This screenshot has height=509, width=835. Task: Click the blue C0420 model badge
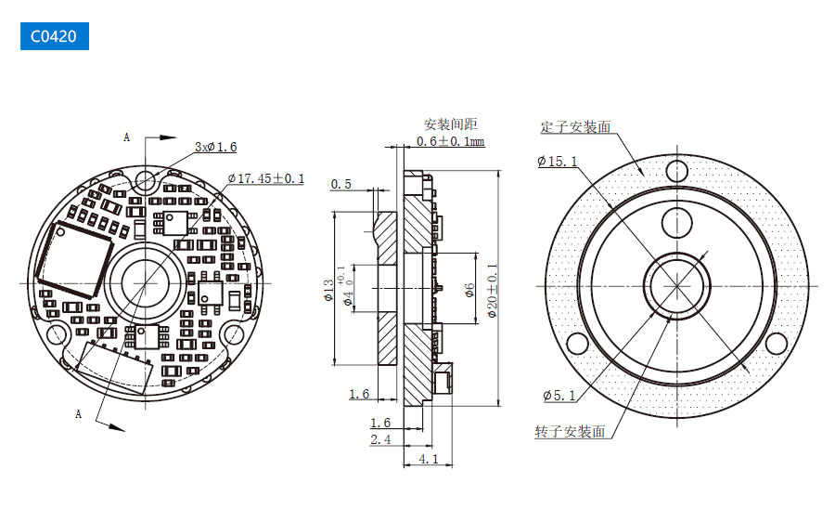click(54, 36)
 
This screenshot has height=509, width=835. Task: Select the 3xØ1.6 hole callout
click(215, 147)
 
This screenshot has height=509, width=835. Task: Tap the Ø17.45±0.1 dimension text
click(265, 177)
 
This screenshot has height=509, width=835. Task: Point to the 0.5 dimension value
click(341, 184)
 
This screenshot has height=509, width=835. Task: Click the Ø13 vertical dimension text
click(327, 292)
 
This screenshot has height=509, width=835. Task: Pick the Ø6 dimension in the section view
click(469, 290)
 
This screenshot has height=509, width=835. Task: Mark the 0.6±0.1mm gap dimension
click(450, 141)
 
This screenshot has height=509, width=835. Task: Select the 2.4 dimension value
click(380, 439)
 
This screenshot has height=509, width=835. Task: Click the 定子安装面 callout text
click(575, 127)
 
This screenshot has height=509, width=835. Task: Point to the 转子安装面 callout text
click(570, 432)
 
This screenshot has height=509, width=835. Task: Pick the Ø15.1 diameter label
click(557, 162)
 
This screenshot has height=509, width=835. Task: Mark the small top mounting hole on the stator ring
click(678, 170)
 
